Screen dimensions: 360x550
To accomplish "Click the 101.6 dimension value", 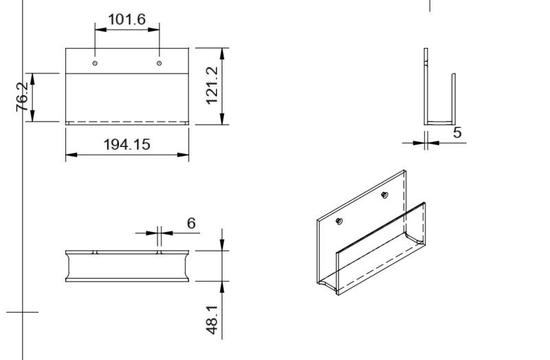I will pyautogui.click(x=127, y=19).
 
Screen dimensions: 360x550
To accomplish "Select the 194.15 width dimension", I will pyautogui.click(x=127, y=145).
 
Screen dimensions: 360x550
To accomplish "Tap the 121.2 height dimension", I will pyautogui.click(x=213, y=86).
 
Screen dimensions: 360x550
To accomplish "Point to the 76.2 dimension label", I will pyautogui.click(x=23, y=98).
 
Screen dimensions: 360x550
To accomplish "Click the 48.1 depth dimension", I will pyautogui.click(x=213, y=321).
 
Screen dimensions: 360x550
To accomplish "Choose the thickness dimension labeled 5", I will pyautogui.click(x=457, y=133).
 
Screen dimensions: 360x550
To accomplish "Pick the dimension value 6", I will pyautogui.click(x=191, y=223).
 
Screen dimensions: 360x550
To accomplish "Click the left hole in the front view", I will pyautogui.click(x=95, y=63).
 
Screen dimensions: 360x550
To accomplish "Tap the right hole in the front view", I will pyautogui.click(x=159, y=63).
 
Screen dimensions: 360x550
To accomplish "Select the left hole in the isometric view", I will pyautogui.click(x=339, y=221).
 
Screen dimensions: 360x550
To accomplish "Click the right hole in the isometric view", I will pyautogui.click(x=385, y=195).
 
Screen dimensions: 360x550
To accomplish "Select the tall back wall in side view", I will pyautogui.click(x=426, y=82).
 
